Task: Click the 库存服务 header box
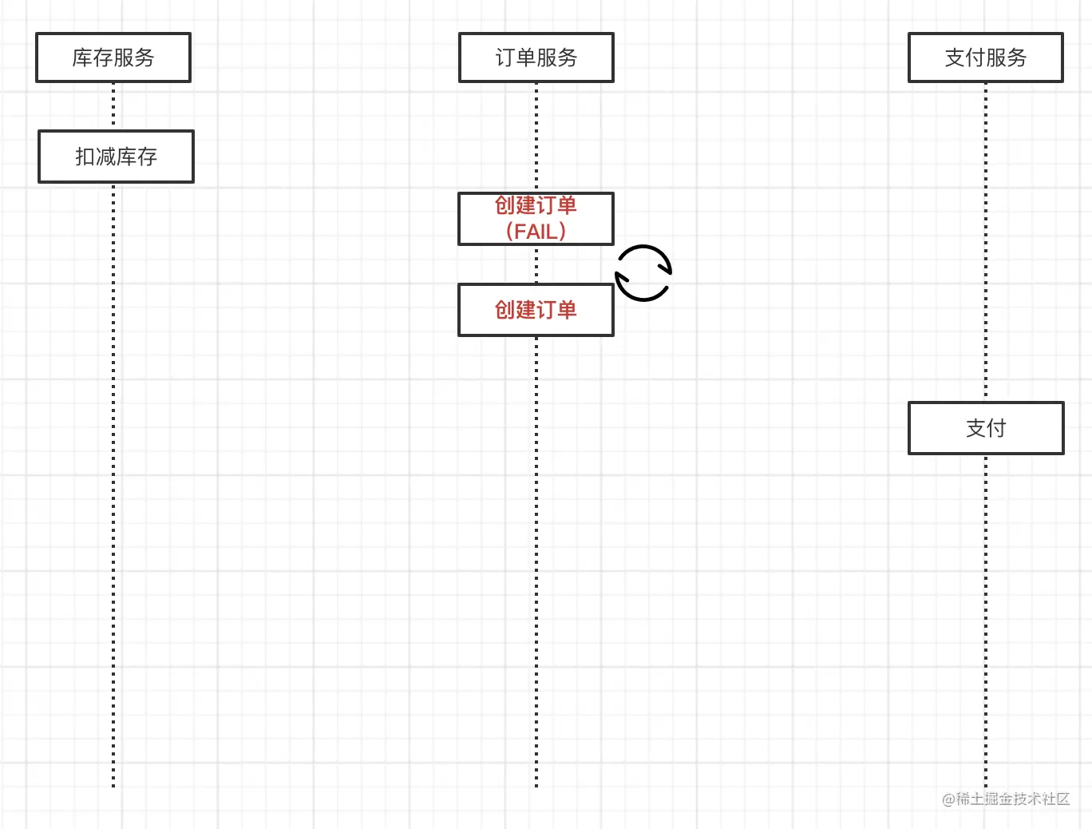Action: (113, 58)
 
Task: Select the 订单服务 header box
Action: (536, 58)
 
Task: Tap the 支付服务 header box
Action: (985, 58)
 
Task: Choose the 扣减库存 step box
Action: (116, 157)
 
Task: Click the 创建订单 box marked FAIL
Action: (536, 218)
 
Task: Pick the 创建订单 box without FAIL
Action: (536, 310)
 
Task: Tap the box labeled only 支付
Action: (986, 428)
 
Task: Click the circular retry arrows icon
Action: (643, 273)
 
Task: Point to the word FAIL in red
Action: (536, 232)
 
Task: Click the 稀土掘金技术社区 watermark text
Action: (1013, 799)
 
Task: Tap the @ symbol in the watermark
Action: (948, 799)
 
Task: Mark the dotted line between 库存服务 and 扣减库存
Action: (113, 105)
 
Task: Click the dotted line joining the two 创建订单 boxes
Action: (536, 264)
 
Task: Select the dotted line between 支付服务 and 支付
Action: (986, 240)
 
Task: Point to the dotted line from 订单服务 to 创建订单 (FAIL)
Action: (536, 136)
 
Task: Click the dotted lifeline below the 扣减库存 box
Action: (113, 479)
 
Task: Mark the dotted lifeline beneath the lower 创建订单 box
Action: (536, 559)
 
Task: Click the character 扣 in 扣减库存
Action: (85, 157)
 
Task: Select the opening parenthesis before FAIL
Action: (510, 232)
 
